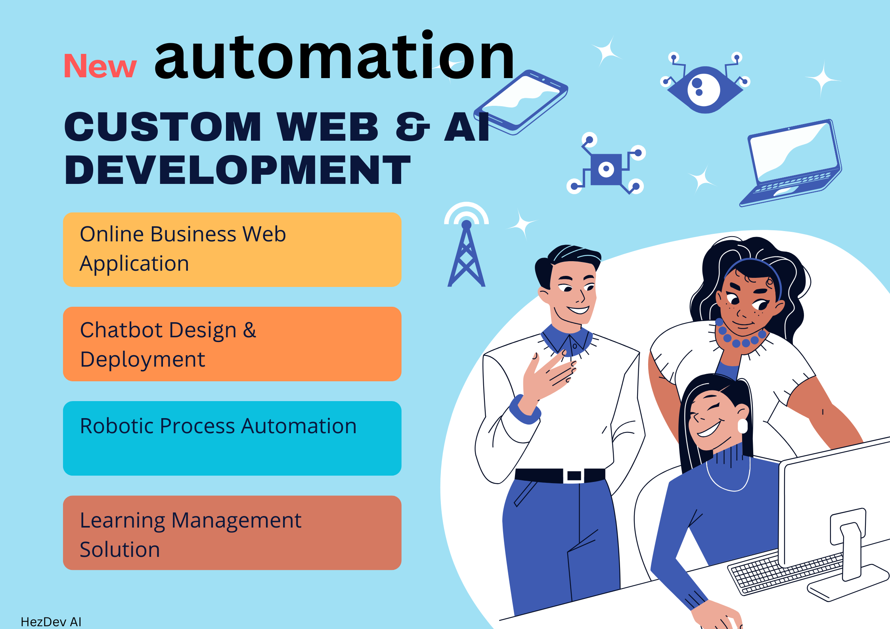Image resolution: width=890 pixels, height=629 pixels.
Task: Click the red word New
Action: pyautogui.click(x=100, y=66)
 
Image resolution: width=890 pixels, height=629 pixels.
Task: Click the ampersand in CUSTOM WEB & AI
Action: pyautogui.click(x=412, y=127)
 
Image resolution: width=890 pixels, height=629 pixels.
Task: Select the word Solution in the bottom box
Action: pyautogui.click(x=120, y=550)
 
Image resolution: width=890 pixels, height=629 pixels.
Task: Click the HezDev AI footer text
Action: pyautogui.click(x=51, y=621)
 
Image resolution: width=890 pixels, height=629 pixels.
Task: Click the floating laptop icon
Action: pyautogui.click(x=791, y=163)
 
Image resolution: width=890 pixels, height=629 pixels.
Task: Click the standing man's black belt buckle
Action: pyautogui.click(x=574, y=476)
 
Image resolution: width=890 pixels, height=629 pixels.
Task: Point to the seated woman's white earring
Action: pyautogui.click(x=743, y=426)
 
